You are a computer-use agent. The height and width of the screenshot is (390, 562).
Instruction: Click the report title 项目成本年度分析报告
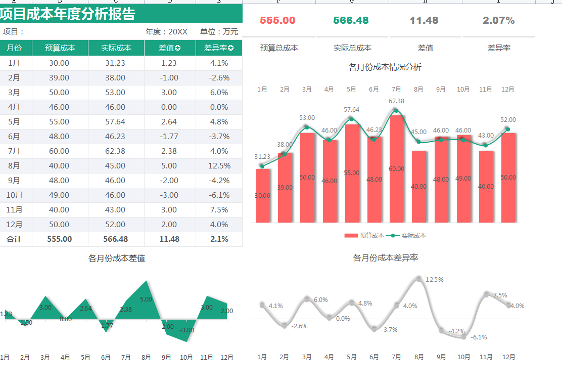68,14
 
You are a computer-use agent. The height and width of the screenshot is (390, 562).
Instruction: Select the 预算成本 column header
60,48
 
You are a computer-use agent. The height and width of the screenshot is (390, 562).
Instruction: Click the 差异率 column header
218,48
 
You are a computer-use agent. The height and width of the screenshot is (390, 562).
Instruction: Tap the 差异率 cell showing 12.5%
219,165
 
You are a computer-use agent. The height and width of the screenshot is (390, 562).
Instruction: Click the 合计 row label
14,239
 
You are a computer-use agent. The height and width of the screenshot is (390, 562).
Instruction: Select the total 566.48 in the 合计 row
116,239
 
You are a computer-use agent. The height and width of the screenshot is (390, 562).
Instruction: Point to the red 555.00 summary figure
277,21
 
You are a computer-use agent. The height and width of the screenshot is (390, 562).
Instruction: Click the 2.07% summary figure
498,21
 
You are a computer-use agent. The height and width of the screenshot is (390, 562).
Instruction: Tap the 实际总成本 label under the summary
352,48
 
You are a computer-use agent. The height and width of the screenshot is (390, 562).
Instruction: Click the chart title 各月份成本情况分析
385,67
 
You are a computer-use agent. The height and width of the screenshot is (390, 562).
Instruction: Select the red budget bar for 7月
397,172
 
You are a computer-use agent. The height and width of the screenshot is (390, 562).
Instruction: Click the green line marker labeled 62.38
396,111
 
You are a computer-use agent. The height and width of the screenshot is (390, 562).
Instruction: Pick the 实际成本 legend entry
409,235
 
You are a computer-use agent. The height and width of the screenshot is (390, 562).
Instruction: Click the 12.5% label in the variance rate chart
434,279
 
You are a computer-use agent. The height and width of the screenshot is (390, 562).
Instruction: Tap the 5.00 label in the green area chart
146,299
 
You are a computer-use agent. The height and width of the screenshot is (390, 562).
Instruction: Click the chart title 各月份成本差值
117,258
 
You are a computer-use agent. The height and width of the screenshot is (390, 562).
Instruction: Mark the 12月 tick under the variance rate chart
508,357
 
